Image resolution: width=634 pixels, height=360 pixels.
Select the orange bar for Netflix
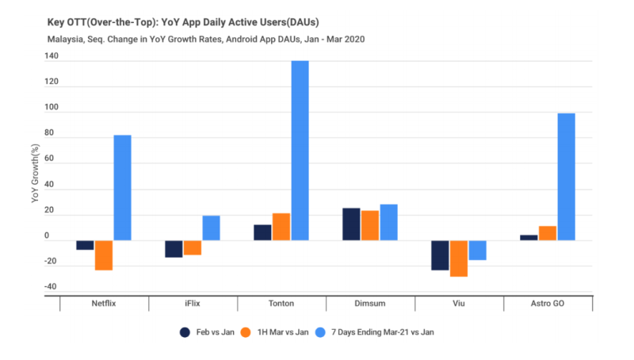[104, 255]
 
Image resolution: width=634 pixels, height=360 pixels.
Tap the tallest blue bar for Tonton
[300, 151]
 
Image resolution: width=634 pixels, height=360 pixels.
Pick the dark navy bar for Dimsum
[351, 224]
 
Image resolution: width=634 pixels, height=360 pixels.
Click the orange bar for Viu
[459, 259]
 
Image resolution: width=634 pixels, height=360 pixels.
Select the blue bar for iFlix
[211, 228]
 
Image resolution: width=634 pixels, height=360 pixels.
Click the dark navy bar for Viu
[440, 255]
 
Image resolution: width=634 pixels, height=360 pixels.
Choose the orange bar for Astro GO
[548, 233]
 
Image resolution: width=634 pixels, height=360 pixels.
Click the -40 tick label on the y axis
[49, 287]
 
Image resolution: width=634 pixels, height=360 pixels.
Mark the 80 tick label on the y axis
[51, 132]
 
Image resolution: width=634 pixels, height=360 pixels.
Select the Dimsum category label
[370, 303]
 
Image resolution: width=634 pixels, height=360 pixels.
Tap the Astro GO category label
[548, 303]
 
